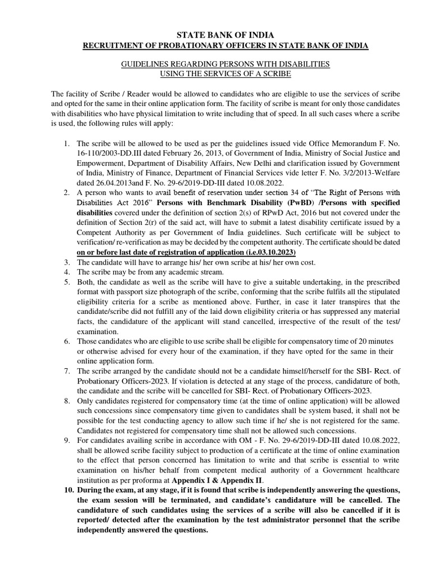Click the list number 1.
66,143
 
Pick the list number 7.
66,371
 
